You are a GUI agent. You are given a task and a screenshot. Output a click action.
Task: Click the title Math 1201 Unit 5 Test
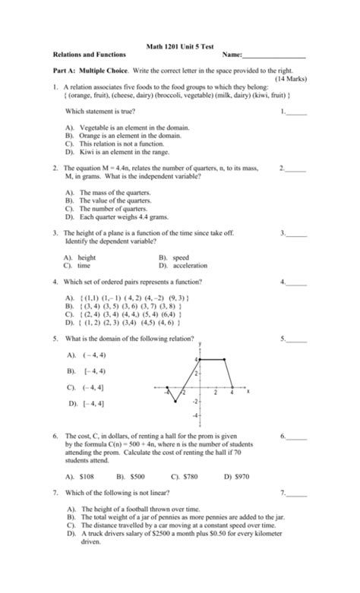(179, 47)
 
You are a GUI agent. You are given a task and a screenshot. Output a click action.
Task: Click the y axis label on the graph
(199, 343)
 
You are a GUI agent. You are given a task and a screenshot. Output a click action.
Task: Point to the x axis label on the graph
(248, 392)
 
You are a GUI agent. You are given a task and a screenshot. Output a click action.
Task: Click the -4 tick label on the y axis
(194, 417)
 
